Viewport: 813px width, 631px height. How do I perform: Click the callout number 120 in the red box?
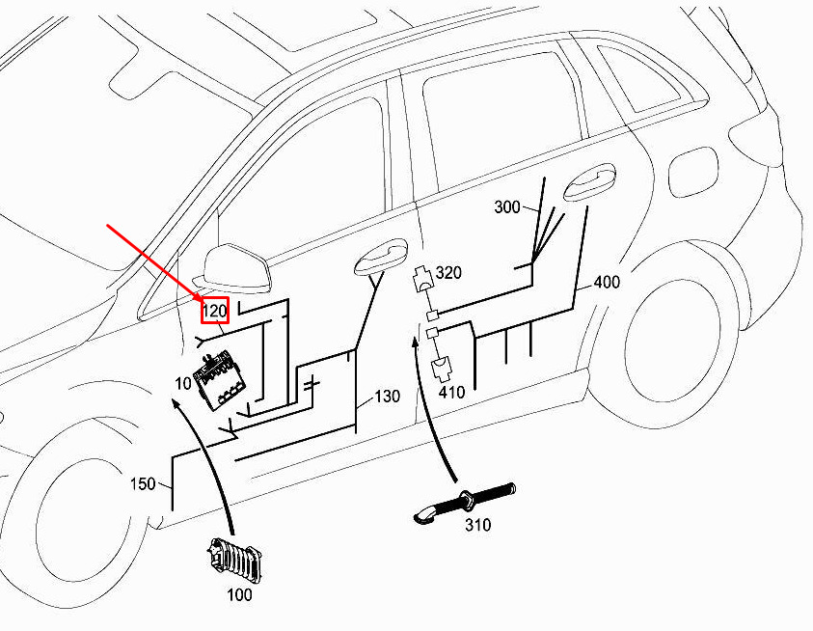[215, 311]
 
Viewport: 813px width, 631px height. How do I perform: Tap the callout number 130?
[388, 397]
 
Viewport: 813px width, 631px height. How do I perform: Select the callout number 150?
[143, 483]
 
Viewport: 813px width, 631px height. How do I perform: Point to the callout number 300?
[507, 207]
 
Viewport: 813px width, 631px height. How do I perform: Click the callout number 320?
[448, 272]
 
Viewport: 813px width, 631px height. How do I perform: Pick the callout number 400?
[607, 283]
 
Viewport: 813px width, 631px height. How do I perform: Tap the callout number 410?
[451, 393]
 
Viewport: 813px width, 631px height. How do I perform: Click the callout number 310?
[477, 525]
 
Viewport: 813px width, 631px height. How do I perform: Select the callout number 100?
[239, 594]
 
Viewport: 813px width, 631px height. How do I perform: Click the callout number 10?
[183, 383]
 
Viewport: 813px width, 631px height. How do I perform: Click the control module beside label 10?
[219, 380]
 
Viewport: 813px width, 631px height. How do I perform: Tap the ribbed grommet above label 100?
[234, 561]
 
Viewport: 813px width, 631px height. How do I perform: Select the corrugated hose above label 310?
[465, 503]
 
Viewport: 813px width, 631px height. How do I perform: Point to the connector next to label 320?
[423, 279]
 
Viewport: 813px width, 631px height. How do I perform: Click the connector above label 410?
[443, 369]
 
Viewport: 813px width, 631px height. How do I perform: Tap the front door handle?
[381, 257]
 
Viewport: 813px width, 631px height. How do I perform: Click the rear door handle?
[589, 182]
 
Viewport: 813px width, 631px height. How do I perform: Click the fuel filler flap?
[693, 173]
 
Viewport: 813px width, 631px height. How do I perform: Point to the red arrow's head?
[203, 302]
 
